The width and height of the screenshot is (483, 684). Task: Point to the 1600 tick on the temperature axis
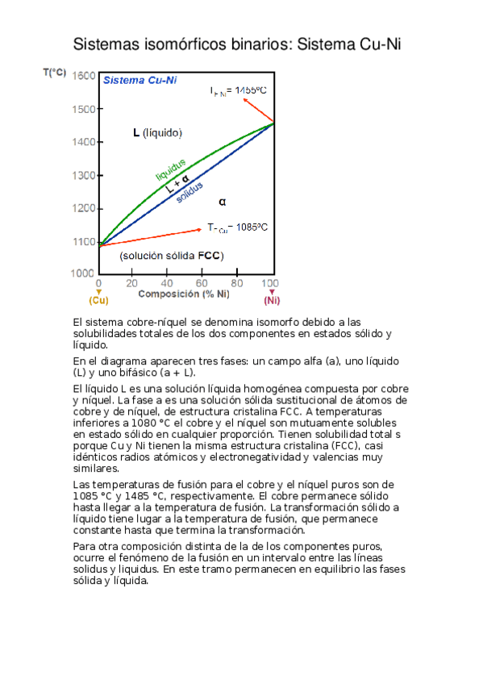[x=84, y=76]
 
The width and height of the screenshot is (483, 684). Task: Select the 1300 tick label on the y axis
[x=84, y=175]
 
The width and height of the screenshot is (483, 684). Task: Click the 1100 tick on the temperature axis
[x=84, y=241]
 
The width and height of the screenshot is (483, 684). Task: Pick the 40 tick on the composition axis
[x=167, y=284]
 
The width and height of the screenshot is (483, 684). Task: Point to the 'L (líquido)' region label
[x=157, y=133]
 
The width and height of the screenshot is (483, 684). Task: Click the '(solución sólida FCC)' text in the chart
[x=171, y=256]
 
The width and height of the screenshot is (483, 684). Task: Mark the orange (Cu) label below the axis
[x=98, y=301]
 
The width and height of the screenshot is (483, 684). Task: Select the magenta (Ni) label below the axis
[x=272, y=301]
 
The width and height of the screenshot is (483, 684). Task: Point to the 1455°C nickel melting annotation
[x=238, y=91]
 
